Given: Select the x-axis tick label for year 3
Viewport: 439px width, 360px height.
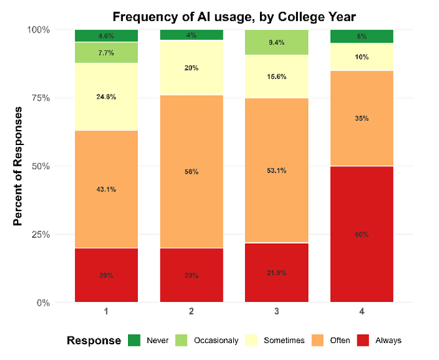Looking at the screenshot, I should click(x=276, y=312).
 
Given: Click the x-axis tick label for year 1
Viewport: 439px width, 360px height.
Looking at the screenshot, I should click(x=106, y=312).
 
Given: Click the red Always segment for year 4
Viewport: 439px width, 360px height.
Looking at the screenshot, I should click(x=361, y=234).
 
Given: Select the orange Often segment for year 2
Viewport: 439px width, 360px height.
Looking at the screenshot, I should click(x=191, y=172).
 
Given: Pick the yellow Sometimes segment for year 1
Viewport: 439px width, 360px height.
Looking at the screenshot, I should click(x=106, y=97).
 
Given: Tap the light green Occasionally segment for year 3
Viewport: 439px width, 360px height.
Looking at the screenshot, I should click(x=276, y=42).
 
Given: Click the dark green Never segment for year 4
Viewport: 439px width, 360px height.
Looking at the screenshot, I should click(x=361, y=36).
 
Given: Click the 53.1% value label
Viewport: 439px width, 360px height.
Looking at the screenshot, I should click(x=276, y=171).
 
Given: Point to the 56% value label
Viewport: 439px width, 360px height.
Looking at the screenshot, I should click(x=191, y=172).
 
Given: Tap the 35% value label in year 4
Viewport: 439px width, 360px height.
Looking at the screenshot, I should click(x=361, y=118).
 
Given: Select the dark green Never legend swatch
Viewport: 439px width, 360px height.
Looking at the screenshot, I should click(x=135, y=340).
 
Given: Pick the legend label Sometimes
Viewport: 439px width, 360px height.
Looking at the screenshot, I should click(x=284, y=340).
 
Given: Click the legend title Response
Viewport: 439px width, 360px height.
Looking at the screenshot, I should click(x=93, y=340).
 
